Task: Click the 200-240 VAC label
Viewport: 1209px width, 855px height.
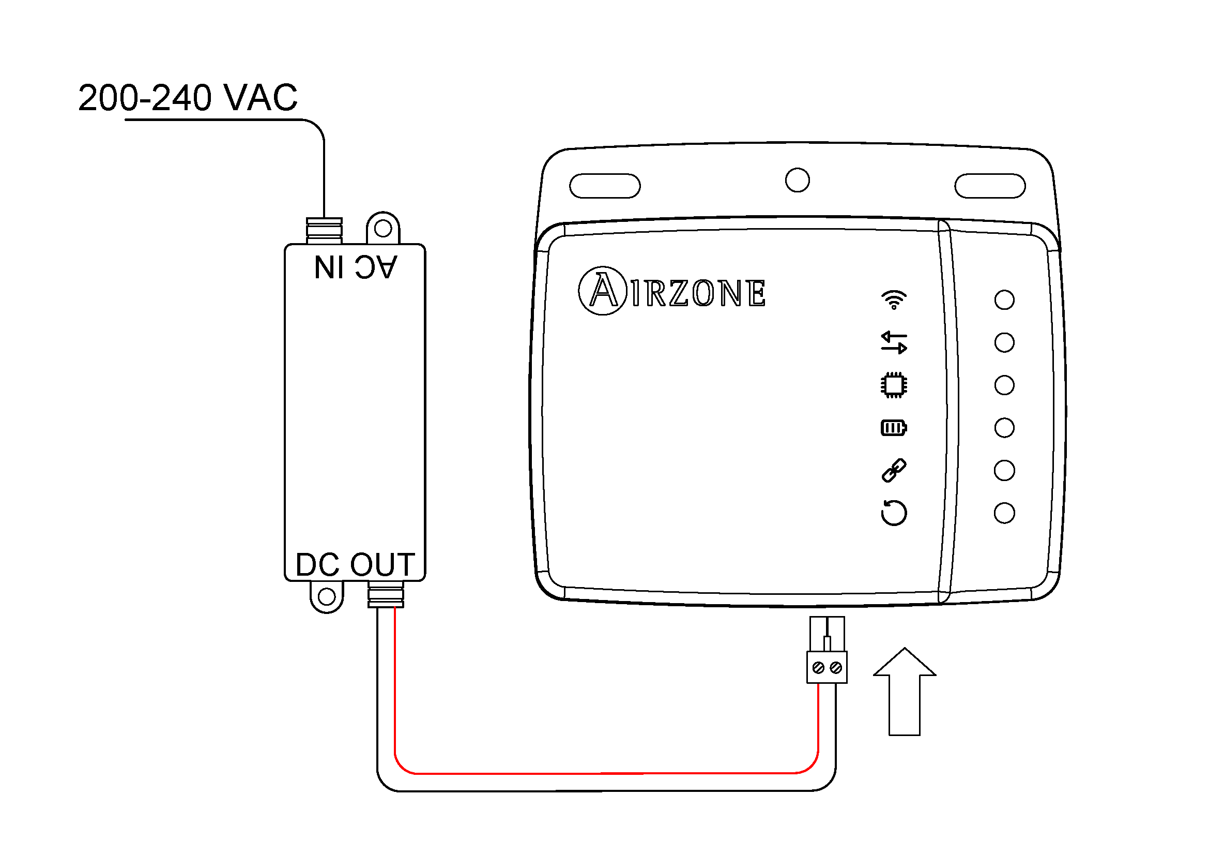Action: [x=188, y=98]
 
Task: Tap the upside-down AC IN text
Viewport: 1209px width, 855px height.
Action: [x=356, y=267]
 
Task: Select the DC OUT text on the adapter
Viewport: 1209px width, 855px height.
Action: [x=356, y=565]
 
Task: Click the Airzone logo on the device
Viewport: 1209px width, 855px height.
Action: [x=672, y=291]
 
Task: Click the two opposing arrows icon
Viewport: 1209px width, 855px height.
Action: [x=894, y=342]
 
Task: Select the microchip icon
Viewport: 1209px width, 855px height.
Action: [x=894, y=385]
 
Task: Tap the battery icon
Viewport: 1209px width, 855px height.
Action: [x=894, y=428]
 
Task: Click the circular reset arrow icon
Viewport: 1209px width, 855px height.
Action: [x=894, y=513]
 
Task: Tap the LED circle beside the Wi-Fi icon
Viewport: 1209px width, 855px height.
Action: [x=1004, y=300]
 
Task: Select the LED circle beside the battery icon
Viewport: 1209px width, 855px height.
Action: [x=1004, y=428]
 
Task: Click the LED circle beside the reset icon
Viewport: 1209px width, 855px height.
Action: [x=1004, y=513]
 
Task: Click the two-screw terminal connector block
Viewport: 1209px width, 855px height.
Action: [x=827, y=667]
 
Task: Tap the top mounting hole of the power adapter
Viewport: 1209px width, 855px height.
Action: [x=383, y=229]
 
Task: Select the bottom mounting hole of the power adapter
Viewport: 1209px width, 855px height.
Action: [x=327, y=597]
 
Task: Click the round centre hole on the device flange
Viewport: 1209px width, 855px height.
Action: [x=797, y=180]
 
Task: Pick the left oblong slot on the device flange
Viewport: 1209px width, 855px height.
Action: [x=605, y=186]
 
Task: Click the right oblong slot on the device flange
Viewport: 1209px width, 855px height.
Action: [x=990, y=186]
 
